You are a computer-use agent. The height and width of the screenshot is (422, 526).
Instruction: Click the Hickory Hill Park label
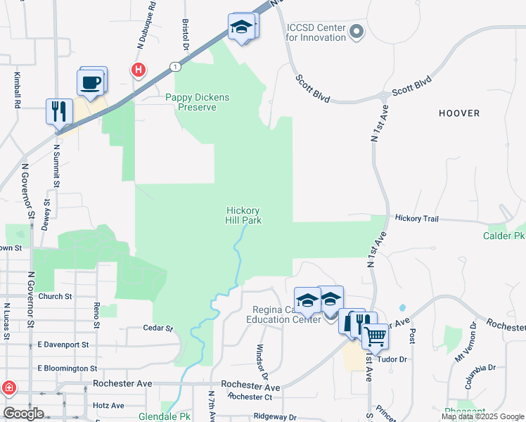pyautogui.click(x=244, y=215)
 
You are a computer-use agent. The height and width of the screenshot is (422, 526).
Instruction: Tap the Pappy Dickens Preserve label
pyautogui.click(x=198, y=103)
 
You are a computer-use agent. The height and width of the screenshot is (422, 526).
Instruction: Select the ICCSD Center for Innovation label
pyautogui.click(x=316, y=32)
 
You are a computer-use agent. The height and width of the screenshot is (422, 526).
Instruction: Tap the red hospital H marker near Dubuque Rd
pyautogui.click(x=139, y=70)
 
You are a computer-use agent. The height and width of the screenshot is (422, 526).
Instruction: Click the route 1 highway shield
pyautogui.click(x=174, y=66)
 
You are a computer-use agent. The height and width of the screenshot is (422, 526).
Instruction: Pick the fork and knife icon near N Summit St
pyautogui.click(x=58, y=111)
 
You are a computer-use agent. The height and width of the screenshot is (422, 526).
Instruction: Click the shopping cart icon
pyautogui.click(x=375, y=338)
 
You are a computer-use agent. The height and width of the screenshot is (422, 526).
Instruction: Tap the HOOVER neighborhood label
pyautogui.click(x=459, y=113)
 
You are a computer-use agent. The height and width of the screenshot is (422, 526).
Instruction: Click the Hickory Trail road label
pyautogui.click(x=416, y=219)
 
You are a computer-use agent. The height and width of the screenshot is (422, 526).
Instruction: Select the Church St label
pyautogui.click(x=56, y=297)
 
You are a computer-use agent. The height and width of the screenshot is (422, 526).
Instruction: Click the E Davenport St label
pyautogui.click(x=63, y=345)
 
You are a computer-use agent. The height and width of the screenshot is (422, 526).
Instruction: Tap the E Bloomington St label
pyautogui.click(x=68, y=369)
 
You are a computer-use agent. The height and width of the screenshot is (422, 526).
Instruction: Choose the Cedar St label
pyautogui.click(x=158, y=328)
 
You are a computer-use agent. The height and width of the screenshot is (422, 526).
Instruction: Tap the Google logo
pyautogui.click(x=23, y=414)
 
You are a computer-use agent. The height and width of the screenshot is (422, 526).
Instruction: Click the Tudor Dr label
pyautogui.click(x=393, y=359)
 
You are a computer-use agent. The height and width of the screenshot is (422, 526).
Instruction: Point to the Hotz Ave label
pyautogui.click(x=108, y=405)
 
